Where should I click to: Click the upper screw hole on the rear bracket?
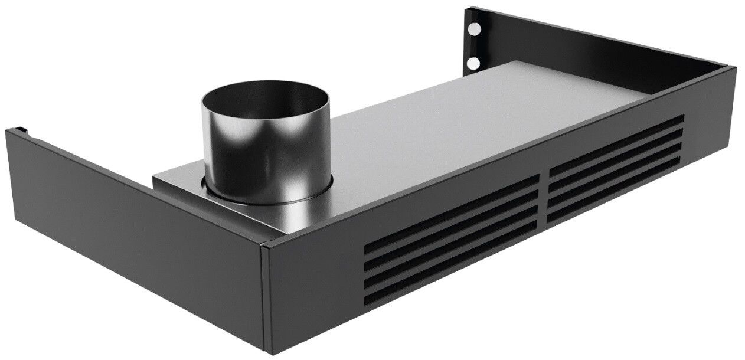tap(474, 28)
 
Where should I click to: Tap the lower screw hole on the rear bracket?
tap(473, 62)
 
